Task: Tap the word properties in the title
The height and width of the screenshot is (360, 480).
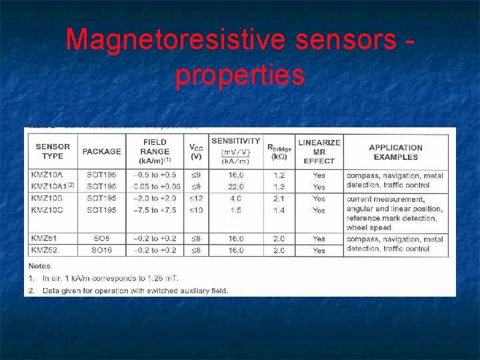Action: [240, 76]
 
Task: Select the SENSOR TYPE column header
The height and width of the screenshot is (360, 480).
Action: [53, 151]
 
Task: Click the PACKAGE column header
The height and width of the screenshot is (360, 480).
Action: [101, 151]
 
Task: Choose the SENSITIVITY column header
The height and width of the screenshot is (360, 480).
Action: [235, 141]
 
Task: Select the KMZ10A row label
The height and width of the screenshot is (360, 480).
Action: [48, 175]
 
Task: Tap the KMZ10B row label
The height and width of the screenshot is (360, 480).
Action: [48, 199]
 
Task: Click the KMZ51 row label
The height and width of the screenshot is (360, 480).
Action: [45, 239]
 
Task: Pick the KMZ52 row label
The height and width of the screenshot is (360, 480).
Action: [45, 250]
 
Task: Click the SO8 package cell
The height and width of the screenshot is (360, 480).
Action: [101, 239]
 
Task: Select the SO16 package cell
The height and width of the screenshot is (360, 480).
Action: [101, 250]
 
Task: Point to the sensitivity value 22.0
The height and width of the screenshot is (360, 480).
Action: [235, 187]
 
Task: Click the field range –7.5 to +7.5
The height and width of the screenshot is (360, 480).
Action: [155, 210]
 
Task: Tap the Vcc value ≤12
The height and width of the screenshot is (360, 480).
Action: [196, 199]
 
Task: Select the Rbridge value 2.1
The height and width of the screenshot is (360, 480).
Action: [279, 199]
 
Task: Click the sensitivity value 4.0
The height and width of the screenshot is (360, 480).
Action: [235, 199]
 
